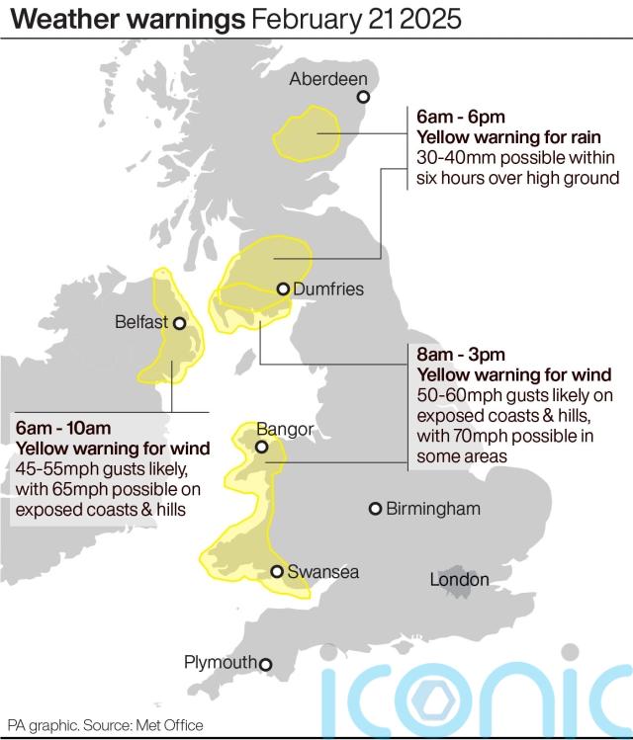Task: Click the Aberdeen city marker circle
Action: click(363, 97)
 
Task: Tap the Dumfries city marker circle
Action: click(283, 289)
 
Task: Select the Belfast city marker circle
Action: click(180, 322)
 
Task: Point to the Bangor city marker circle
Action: click(261, 448)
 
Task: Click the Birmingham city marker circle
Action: click(375, 509)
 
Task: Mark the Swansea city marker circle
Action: click(278, 571)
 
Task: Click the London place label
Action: click(459, 580)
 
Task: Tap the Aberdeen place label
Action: click(328, 79)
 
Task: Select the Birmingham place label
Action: click(433, 509)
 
